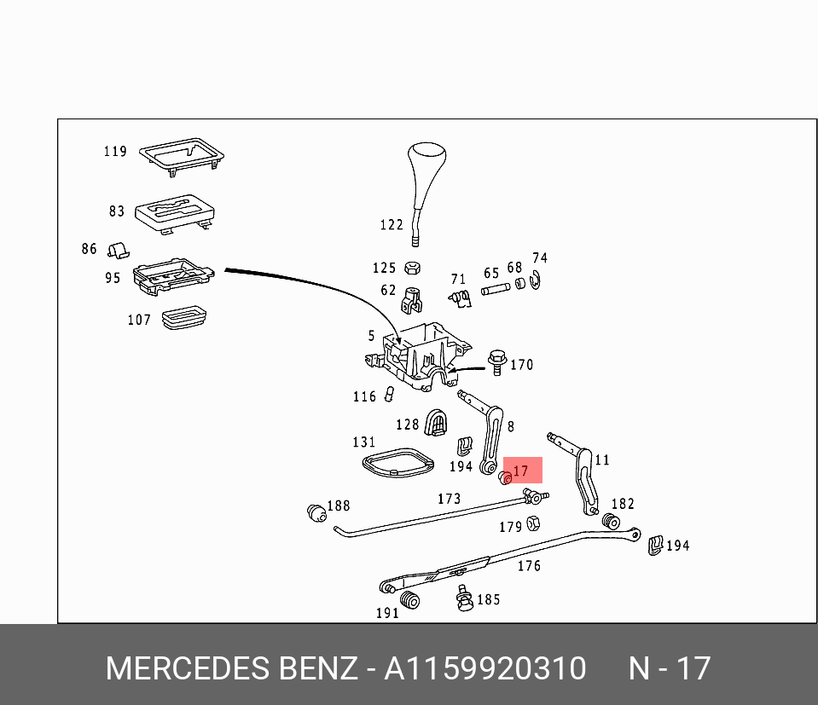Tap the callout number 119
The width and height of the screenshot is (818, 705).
coord(115,152)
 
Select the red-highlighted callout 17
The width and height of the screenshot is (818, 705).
coord(521,471)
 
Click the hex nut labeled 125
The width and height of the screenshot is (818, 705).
coord(410,268)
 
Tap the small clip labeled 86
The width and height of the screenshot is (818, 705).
coord(118,249)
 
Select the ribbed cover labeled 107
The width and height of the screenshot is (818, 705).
coord(185,317)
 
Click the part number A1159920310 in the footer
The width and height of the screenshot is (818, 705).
coord(484,668)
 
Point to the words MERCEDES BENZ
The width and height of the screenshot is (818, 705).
coord(231,668)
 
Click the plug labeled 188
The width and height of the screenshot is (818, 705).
coord(316,512)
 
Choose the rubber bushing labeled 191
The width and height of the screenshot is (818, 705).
coord(410,599)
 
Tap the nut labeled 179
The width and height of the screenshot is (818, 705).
coord(531,523)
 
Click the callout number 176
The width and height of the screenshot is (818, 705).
coord(529,565)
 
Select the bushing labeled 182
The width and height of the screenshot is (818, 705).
coord(610,520)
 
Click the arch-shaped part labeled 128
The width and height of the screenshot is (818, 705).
coord(437,422)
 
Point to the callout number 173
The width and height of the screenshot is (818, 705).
coord(449,499)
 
